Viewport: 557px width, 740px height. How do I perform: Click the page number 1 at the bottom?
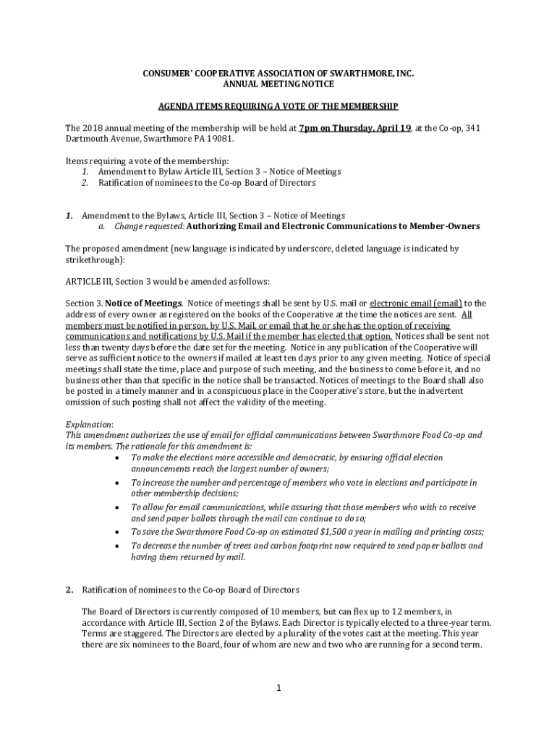click(278, 687)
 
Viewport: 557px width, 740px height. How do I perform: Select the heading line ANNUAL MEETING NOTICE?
click(278, 85)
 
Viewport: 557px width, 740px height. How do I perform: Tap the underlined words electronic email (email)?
click(416, 304)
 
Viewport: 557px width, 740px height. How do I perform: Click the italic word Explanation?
click(89, 424)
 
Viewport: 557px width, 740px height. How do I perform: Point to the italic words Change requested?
click(148, 226)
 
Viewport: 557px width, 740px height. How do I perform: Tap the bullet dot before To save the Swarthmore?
click(118, 531)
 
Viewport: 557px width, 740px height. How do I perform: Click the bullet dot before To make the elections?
click(118, 457)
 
